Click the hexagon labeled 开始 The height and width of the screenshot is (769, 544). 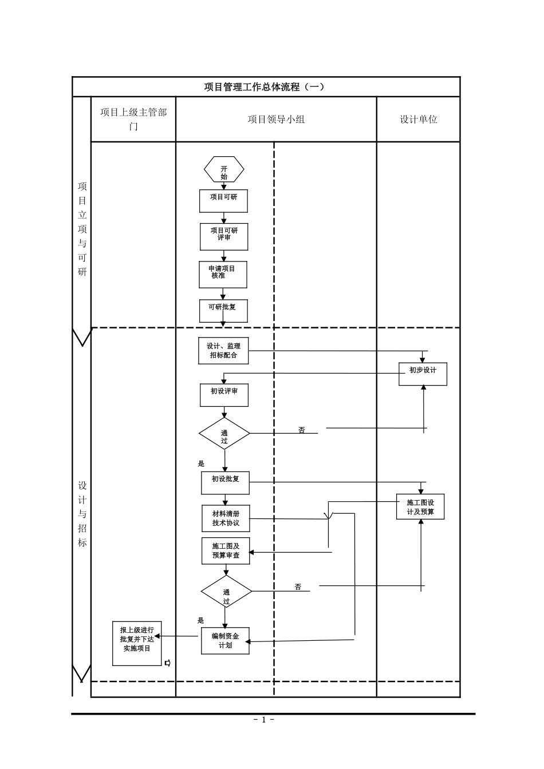(224, 169)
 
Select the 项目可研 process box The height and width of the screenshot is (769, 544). (223, 201)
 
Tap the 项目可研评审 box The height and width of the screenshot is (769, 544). (224, 237)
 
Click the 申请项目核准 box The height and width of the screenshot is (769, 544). (223, 275)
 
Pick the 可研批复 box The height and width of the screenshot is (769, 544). (223, 311)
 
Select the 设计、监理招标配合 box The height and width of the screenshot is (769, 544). (223, 351)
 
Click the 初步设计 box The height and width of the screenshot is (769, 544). (423, 374)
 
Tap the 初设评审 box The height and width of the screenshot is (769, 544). (224, 395)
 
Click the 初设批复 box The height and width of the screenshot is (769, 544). (225, 483)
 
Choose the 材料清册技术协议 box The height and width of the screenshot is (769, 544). (226, 518)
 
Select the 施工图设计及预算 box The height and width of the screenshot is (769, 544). (420, 507)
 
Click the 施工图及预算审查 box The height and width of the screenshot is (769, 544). (226, 551)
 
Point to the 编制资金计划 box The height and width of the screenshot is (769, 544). (225, 641)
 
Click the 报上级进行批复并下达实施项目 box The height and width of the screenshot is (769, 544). (137, 643)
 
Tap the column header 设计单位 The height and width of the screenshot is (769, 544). (418, 119)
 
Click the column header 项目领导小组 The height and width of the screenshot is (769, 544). (276, 119)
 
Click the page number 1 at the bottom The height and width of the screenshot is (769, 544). (264, 720)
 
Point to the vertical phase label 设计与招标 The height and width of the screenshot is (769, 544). (82, 513)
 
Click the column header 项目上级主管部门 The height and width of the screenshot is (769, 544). (133, 119)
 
